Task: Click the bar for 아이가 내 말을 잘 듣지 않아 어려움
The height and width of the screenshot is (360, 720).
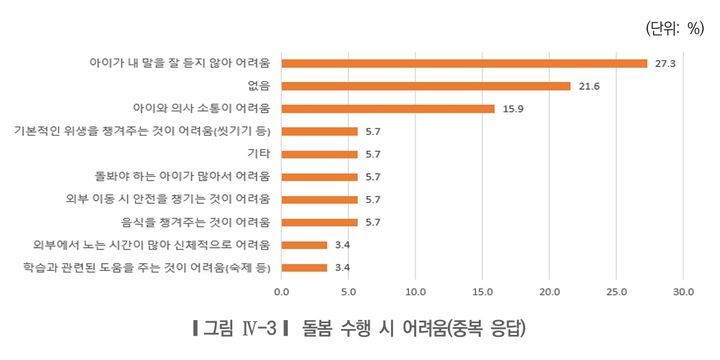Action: [x=464, y=63]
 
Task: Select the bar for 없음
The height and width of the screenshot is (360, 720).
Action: [x=426, y=86]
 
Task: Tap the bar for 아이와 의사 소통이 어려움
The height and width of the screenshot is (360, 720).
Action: [x=388, y=108]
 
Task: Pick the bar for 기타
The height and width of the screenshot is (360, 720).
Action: [x=319, y=154]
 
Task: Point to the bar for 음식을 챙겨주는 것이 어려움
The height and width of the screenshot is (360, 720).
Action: [x=319, y=222]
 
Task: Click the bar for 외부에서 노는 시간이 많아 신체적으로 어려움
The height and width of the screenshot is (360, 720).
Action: [x=304, y=245]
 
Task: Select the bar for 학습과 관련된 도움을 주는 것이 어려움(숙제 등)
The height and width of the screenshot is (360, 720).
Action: [x=304, y=267]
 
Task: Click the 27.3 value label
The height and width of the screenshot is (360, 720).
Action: [x=665, y=63]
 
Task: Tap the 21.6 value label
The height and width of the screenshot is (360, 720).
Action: [x=588, y=86]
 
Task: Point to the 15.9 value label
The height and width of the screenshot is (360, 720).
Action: [x=511, y=108]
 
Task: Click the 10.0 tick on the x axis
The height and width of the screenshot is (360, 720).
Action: [x=415, y=292]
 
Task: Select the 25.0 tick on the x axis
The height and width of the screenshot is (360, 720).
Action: [x=616, y=292]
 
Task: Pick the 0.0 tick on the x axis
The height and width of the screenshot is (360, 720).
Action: [x=281, y=292]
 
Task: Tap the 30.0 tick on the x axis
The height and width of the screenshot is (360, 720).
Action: [x=683, y=292]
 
